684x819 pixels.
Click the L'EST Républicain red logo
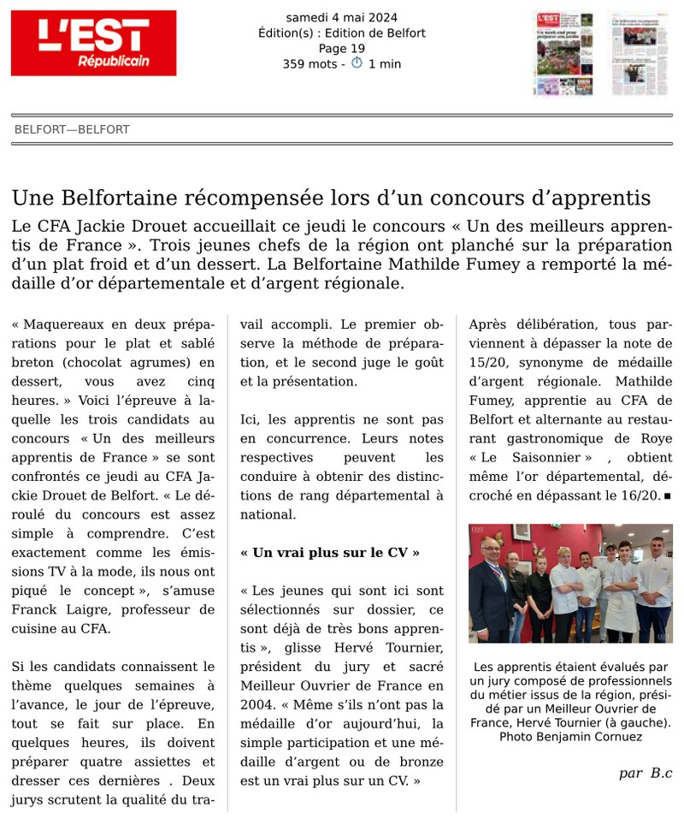(x=93, y=43)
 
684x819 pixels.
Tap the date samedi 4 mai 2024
(x=341, y=17)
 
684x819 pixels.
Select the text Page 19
(x=341, y=49)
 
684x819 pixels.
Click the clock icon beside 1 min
(x=357, y=63)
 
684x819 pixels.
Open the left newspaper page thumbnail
(x=563, y=53)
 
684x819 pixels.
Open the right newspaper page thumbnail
(x=640, y=53)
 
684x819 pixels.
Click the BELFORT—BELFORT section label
(x=72, y=130)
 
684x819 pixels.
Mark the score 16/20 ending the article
(x=640, y=495)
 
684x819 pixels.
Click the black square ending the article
(x=667, y=496)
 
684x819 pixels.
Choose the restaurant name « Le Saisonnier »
(x=530, y=458)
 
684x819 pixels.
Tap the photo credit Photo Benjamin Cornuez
(x=570, y=736)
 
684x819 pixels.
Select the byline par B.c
(x=646, y=773)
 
